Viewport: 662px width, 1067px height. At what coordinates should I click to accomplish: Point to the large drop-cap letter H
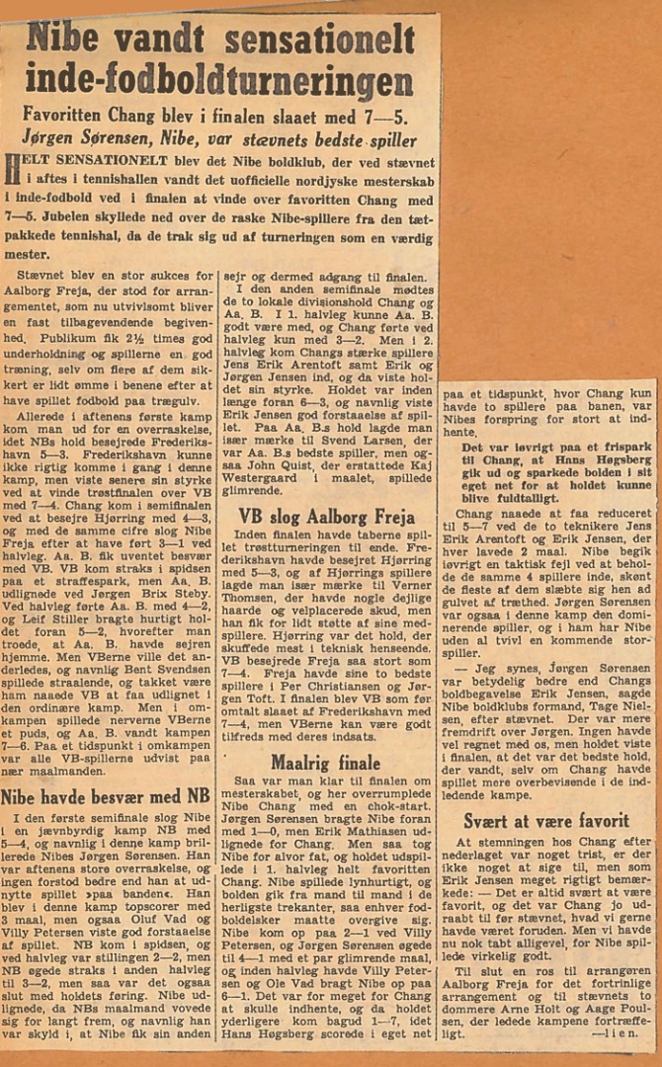coord(12,170)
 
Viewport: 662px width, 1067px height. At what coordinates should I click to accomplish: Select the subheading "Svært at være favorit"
coord(546,820)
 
